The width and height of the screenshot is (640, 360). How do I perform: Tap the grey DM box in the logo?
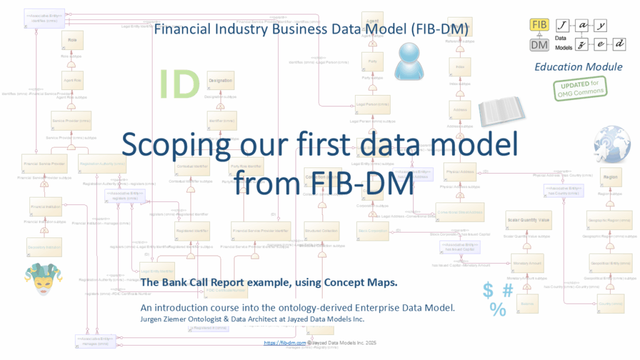[539, 45]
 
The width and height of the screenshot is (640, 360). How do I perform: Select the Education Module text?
[578, 67]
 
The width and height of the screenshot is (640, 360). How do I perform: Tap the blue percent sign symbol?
[498, 309]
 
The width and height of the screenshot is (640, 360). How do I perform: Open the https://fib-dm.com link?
[284, 343]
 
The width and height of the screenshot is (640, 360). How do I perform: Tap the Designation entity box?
[220, 81]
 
